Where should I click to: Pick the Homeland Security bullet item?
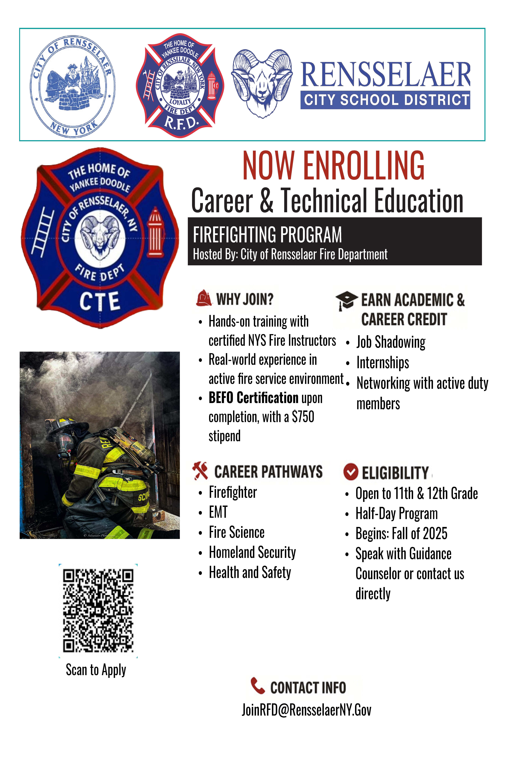(252, 552)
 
